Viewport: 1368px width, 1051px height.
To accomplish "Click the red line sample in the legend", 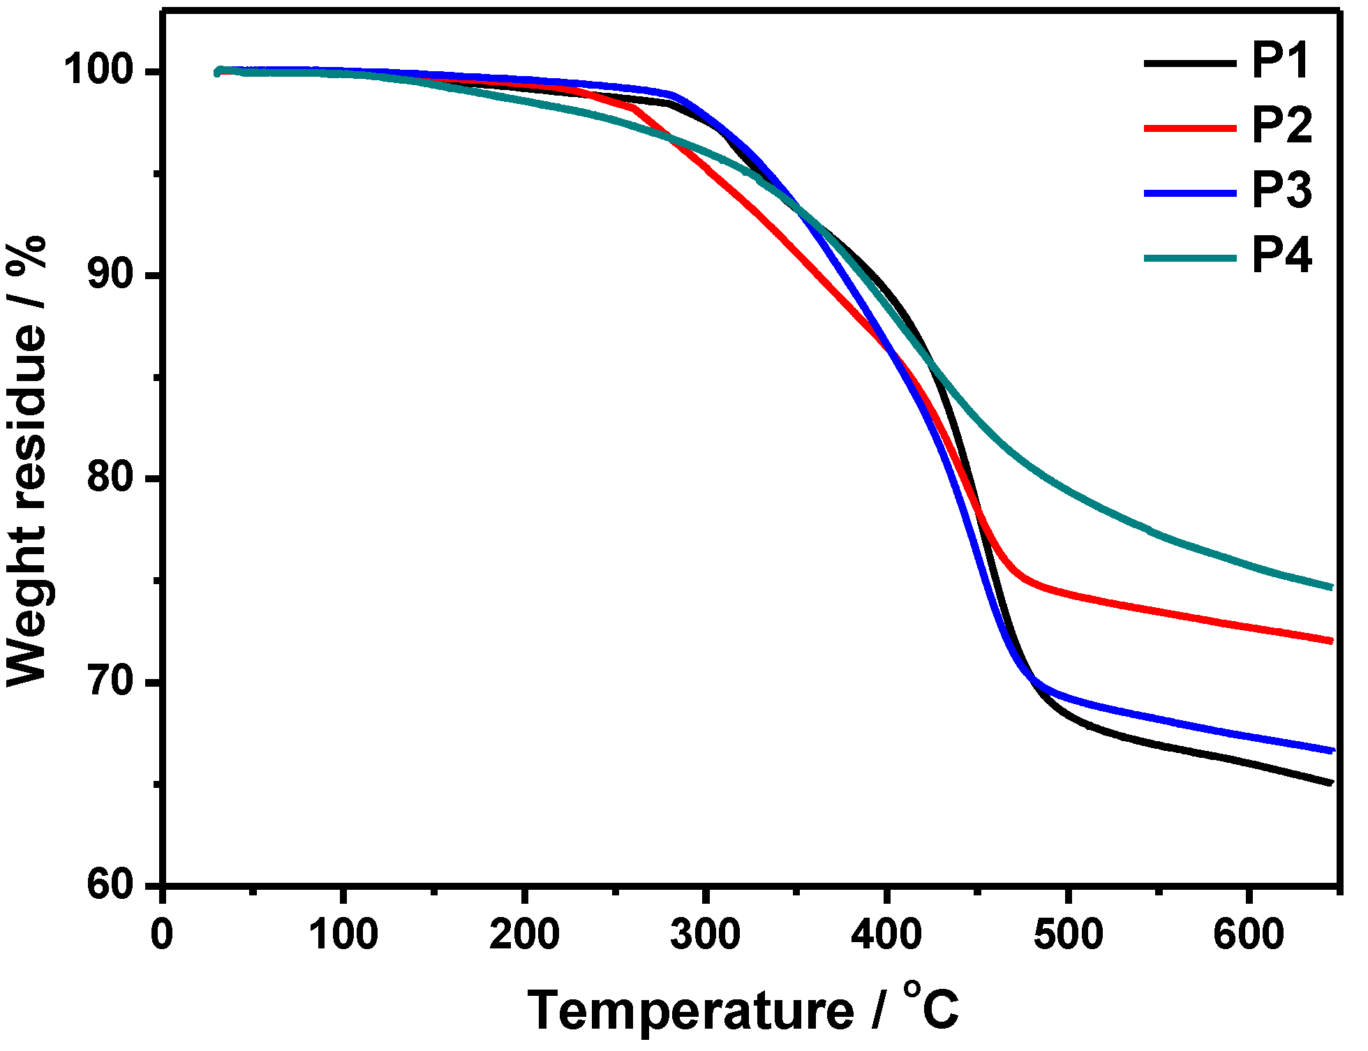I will (x=1190, y=128).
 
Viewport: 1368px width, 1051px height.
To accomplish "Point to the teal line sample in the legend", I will (x=1190, y=258).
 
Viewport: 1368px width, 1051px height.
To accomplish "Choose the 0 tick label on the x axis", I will (x=162, y=934).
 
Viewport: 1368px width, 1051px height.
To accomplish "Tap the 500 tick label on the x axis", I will (x=1068, y=934).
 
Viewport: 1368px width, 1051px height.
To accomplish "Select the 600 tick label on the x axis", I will (x=1249, y=934).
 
